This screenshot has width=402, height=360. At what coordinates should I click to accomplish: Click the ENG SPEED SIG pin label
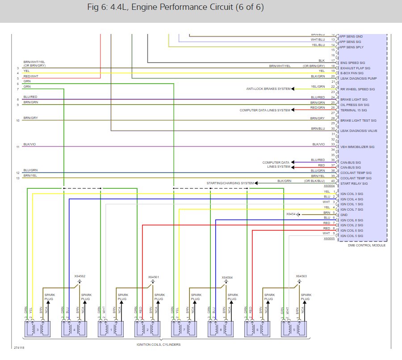coord(352,63)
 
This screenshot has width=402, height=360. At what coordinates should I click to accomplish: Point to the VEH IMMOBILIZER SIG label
coord(357,147)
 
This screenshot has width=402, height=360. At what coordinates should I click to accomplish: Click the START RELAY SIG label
coord(354,183)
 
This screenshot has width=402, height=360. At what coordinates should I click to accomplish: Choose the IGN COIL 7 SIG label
coord(352,209)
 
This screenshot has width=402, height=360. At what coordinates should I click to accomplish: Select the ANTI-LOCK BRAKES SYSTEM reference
coord(268,89)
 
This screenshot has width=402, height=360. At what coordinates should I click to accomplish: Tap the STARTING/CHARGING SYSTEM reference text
coord(230,183)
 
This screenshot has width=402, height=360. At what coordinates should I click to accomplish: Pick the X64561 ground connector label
coord(153,277)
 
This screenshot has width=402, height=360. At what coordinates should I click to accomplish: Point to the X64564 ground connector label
coord(227,277)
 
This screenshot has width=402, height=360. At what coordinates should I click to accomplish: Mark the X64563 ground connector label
coord(301,276)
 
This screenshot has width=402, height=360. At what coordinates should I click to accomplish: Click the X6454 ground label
coord(291,214)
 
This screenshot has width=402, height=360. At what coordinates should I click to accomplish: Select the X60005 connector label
coord(329,239)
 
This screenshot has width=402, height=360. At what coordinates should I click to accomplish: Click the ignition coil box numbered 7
coord(183,329)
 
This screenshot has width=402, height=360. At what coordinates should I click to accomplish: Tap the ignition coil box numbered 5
coord(293,329)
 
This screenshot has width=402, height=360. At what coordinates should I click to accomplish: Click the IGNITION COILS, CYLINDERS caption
coord(159,344)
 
